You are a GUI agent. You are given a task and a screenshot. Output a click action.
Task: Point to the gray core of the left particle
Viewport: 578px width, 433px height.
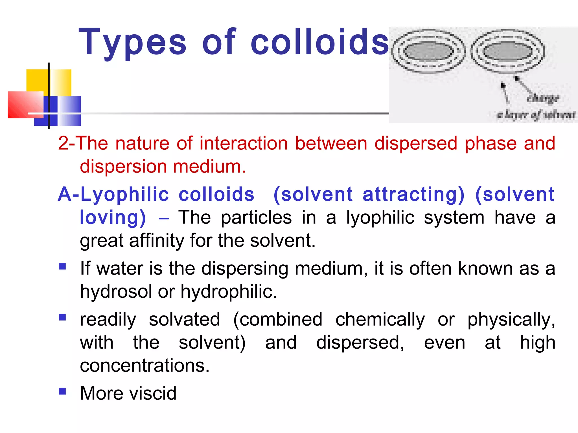click(428, 51)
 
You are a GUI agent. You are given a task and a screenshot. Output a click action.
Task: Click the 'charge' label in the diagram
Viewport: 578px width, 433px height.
click(542, 98)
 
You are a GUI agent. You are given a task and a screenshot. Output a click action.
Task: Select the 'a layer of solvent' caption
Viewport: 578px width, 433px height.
click(536, 114)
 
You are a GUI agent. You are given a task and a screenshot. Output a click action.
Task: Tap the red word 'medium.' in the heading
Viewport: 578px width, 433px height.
click(209, 166)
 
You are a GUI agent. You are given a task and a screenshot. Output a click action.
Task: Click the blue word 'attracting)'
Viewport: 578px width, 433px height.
click(413, 195)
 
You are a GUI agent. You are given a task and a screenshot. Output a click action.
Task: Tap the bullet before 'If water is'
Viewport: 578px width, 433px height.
click(62, 266)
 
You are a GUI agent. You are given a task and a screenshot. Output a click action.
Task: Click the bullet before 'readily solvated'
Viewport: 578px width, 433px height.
click(62, 317)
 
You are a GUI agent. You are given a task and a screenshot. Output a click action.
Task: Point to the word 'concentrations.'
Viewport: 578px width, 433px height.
click(145, 366)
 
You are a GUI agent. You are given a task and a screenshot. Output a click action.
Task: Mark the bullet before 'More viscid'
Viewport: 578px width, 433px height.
click(62, 391)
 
